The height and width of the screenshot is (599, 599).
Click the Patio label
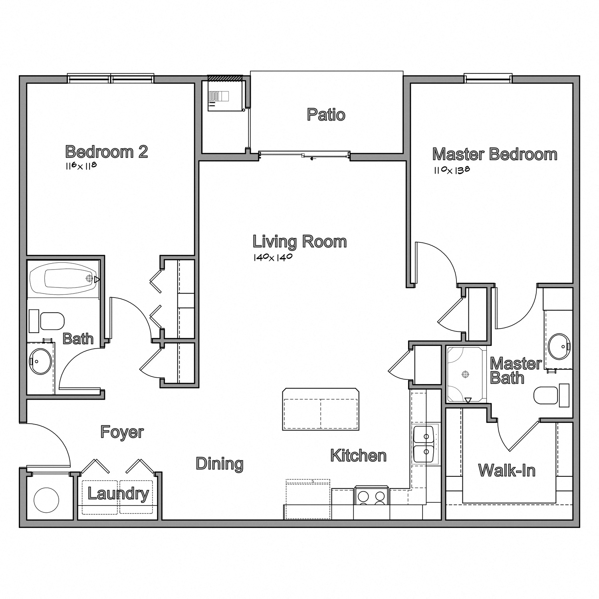326,115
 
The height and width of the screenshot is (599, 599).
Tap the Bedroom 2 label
107,152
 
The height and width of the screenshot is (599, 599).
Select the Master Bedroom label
494,154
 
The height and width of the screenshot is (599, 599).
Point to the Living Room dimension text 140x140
273,257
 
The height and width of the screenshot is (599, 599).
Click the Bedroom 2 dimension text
81,166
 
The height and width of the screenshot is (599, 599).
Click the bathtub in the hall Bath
64,278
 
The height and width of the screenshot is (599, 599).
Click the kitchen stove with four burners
371,496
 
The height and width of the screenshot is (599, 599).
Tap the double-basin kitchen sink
424,444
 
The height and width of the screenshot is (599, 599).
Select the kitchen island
321,409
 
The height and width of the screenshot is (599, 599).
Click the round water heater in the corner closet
46,499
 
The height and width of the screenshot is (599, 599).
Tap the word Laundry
118,494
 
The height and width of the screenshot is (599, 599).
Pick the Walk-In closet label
506,470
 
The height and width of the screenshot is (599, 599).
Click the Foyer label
122,432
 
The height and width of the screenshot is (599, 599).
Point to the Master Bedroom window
488,78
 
